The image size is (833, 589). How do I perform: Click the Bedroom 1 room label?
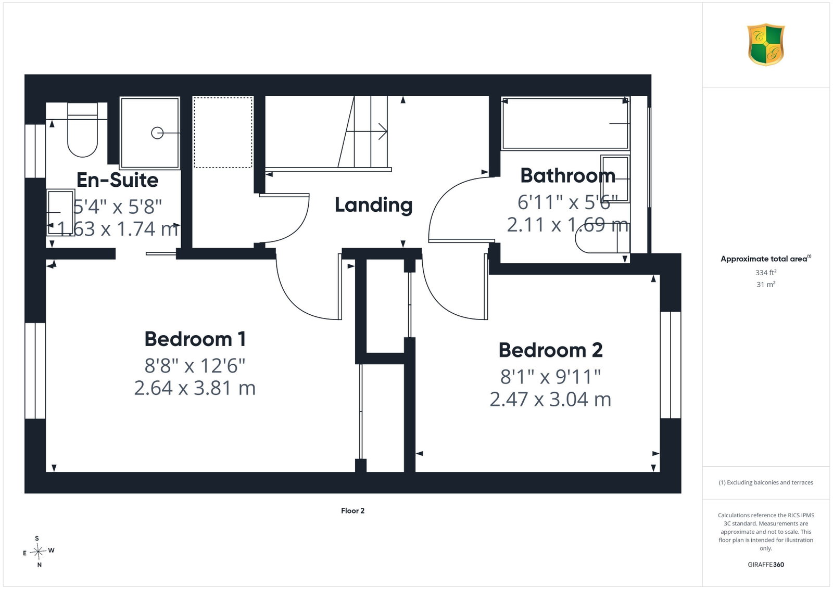point(195,339)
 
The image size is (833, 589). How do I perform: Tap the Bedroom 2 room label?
point(550,350)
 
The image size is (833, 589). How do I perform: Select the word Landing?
point(373,205)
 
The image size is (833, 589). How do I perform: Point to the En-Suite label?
point(118,180)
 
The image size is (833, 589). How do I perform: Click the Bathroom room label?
point(567,175)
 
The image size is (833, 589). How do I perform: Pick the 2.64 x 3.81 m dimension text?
point(195,388)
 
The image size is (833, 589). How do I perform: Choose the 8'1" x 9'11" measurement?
point(550,377)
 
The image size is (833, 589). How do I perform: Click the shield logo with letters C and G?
point(766,45)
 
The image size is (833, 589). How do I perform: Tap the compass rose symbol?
point(39,552)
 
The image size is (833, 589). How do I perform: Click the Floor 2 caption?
point(352,510)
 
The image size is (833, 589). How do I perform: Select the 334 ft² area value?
point(766,273)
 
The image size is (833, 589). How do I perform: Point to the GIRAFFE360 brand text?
point(766,565)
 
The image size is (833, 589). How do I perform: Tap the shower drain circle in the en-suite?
point(157,133)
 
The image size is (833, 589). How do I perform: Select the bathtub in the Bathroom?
point(565,123)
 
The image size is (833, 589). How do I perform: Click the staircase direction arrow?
point(367,132)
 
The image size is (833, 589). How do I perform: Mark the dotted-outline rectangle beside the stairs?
point(223,132)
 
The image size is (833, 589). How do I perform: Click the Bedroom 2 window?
point(671,365)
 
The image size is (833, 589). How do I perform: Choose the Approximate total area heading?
point(766,259)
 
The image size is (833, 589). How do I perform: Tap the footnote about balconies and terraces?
point(766,482)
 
